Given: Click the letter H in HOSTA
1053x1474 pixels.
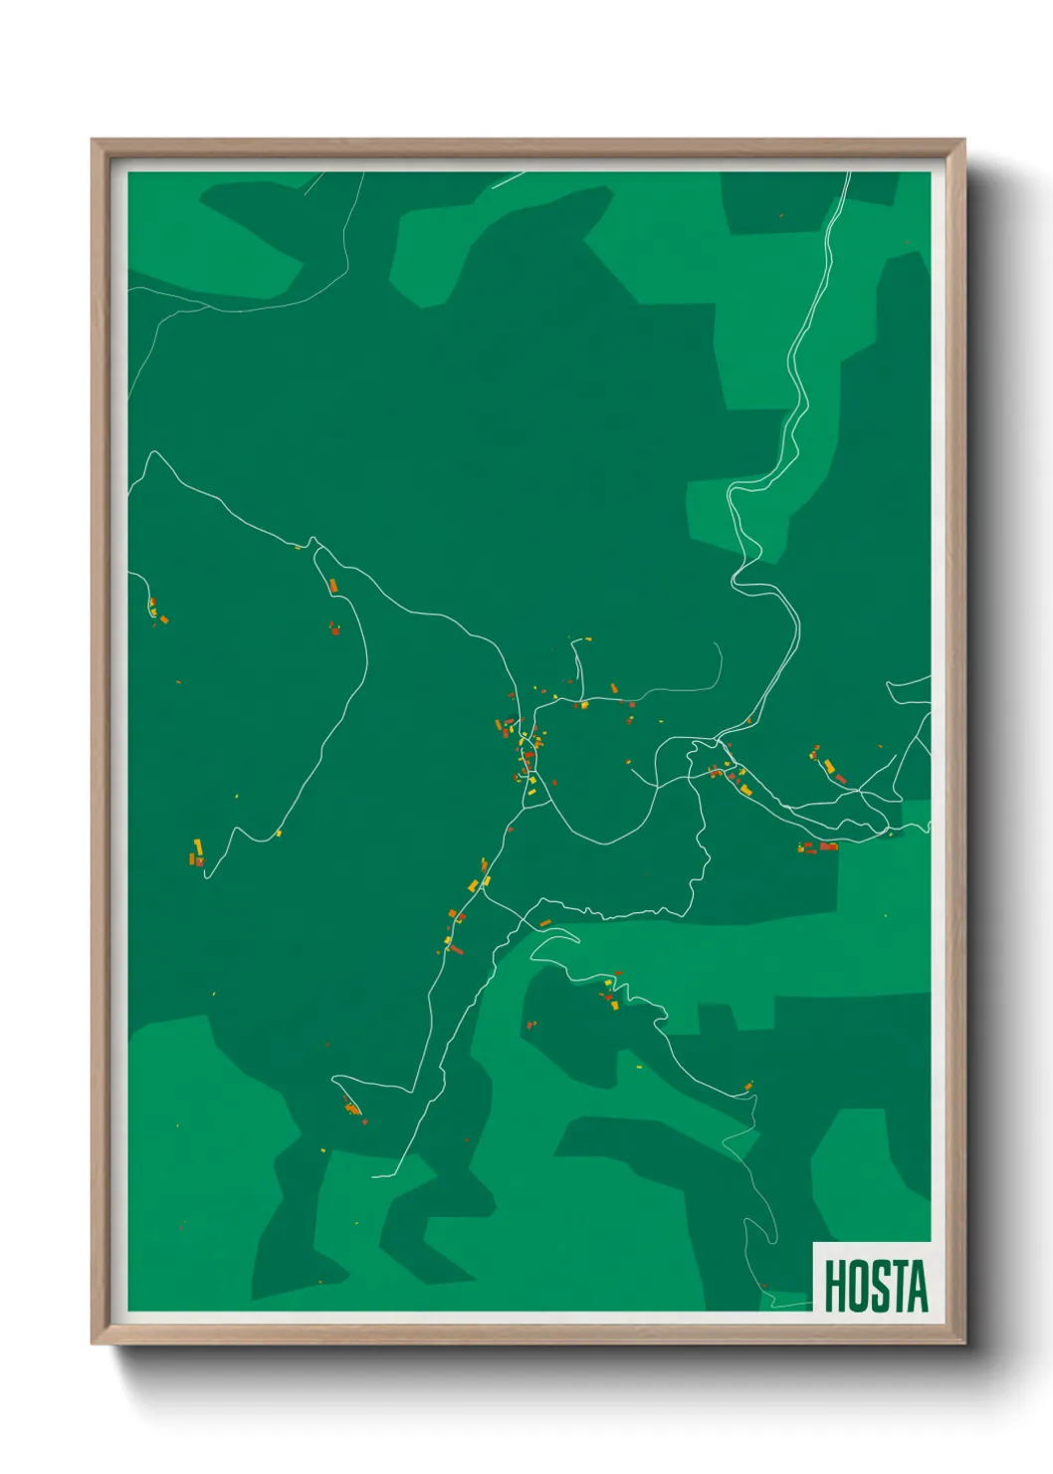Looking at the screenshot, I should tap(835, 1286).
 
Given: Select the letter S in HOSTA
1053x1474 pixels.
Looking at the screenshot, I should tap(877, 1286).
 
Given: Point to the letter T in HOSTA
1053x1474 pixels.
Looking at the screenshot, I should tap(897, 1286).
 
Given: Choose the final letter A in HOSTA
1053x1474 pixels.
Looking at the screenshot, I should tap(917, 1286).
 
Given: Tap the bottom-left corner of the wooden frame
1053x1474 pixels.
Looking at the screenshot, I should tap(94, 1342).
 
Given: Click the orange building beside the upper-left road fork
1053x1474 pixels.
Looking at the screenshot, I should tap(333, 585).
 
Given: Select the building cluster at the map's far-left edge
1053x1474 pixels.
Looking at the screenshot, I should tap(156, 611).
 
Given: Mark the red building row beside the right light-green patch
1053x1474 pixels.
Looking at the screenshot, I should tap(819, 847).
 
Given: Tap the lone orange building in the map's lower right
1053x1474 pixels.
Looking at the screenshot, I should tap(747, 1086).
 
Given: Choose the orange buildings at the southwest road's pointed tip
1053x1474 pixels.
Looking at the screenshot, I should tap(351, 1107).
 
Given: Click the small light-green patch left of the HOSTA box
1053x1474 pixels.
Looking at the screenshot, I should tap(786, 1299).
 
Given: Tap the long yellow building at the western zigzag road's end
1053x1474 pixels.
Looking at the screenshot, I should tap(198, 848).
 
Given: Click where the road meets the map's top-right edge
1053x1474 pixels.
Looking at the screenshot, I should tap(849, 174).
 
